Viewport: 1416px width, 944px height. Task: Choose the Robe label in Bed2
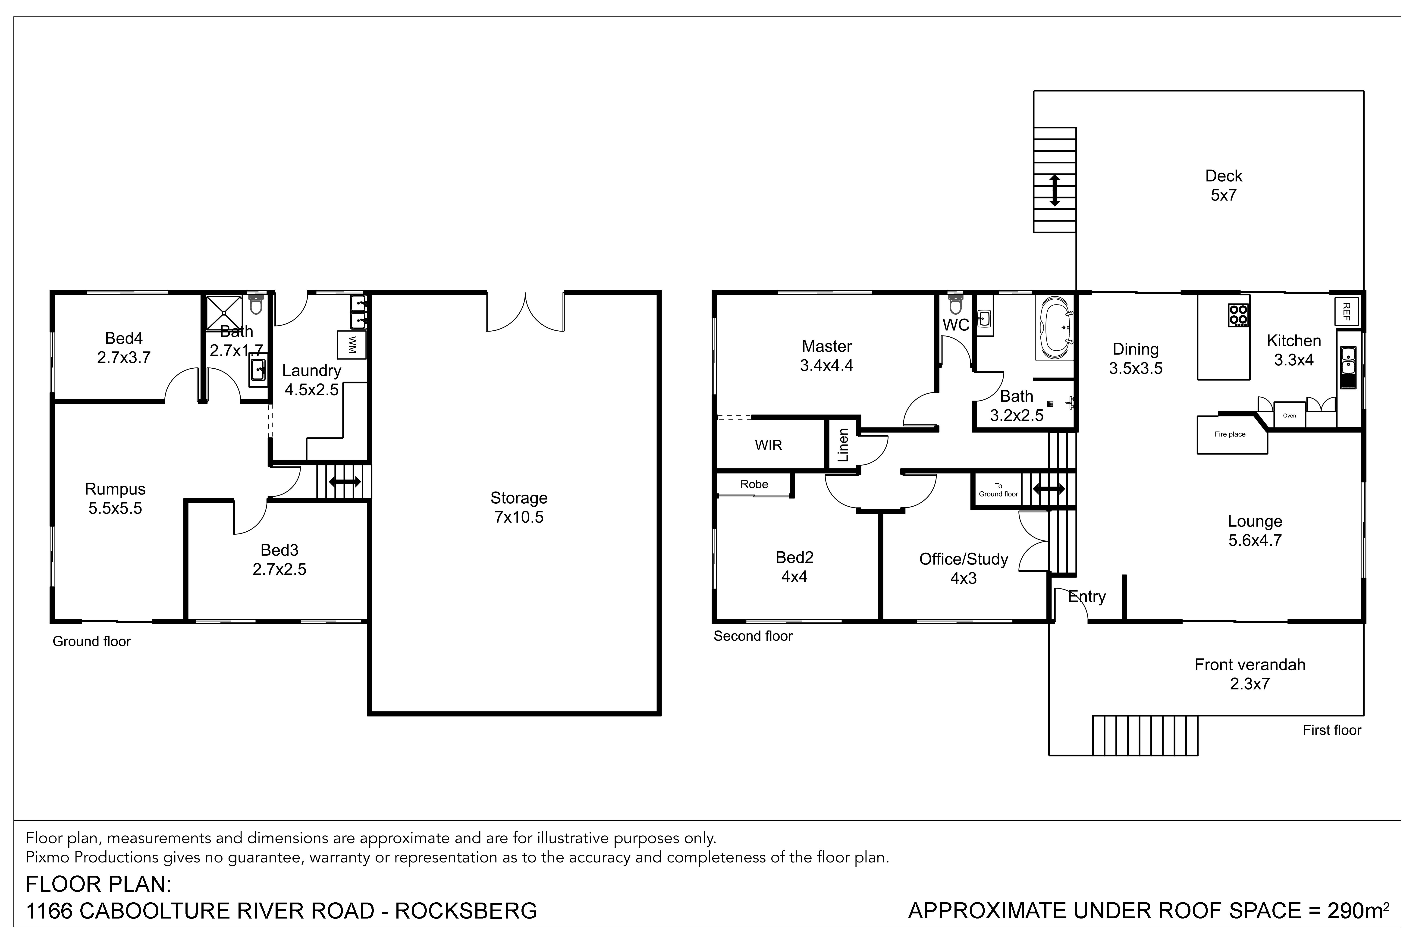[754, 484]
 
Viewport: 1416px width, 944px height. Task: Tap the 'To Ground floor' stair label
[998, 490]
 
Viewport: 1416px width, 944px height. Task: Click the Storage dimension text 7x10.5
[519, 517]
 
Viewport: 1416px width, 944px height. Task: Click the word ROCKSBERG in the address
[466, 911]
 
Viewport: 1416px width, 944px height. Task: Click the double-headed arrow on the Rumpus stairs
[345, 482]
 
